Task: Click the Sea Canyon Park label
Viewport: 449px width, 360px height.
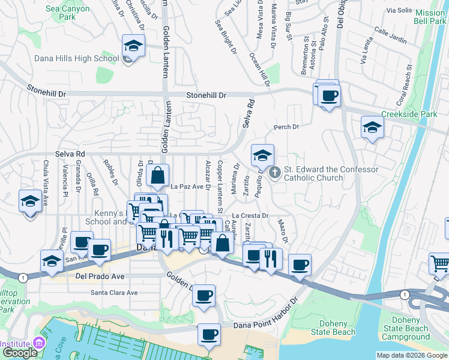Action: [x=67, y=14]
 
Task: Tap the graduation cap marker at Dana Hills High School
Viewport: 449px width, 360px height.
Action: [x=133, y=46]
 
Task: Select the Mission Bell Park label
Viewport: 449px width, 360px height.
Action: [x=430, y=17]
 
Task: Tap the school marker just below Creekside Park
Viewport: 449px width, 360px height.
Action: [x=372, y=128]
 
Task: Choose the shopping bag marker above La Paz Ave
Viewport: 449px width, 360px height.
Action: [x=157, y=176]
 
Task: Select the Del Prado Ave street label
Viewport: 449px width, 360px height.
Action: [x=83, y=277]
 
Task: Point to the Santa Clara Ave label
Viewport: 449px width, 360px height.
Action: [x=114, y=293]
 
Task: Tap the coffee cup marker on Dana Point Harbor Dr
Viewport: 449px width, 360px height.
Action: [x=209, y=335]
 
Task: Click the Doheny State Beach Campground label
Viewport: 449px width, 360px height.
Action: [x=422, y=329]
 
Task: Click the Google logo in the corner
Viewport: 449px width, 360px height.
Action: [x=19, y=353]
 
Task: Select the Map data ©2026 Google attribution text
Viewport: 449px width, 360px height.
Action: [x=411, y=355]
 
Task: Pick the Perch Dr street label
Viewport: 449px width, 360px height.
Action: [x=286, y=127]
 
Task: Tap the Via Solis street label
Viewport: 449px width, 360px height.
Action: [x=400, y=11]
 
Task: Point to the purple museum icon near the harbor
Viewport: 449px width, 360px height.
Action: [x=40, y=343]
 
